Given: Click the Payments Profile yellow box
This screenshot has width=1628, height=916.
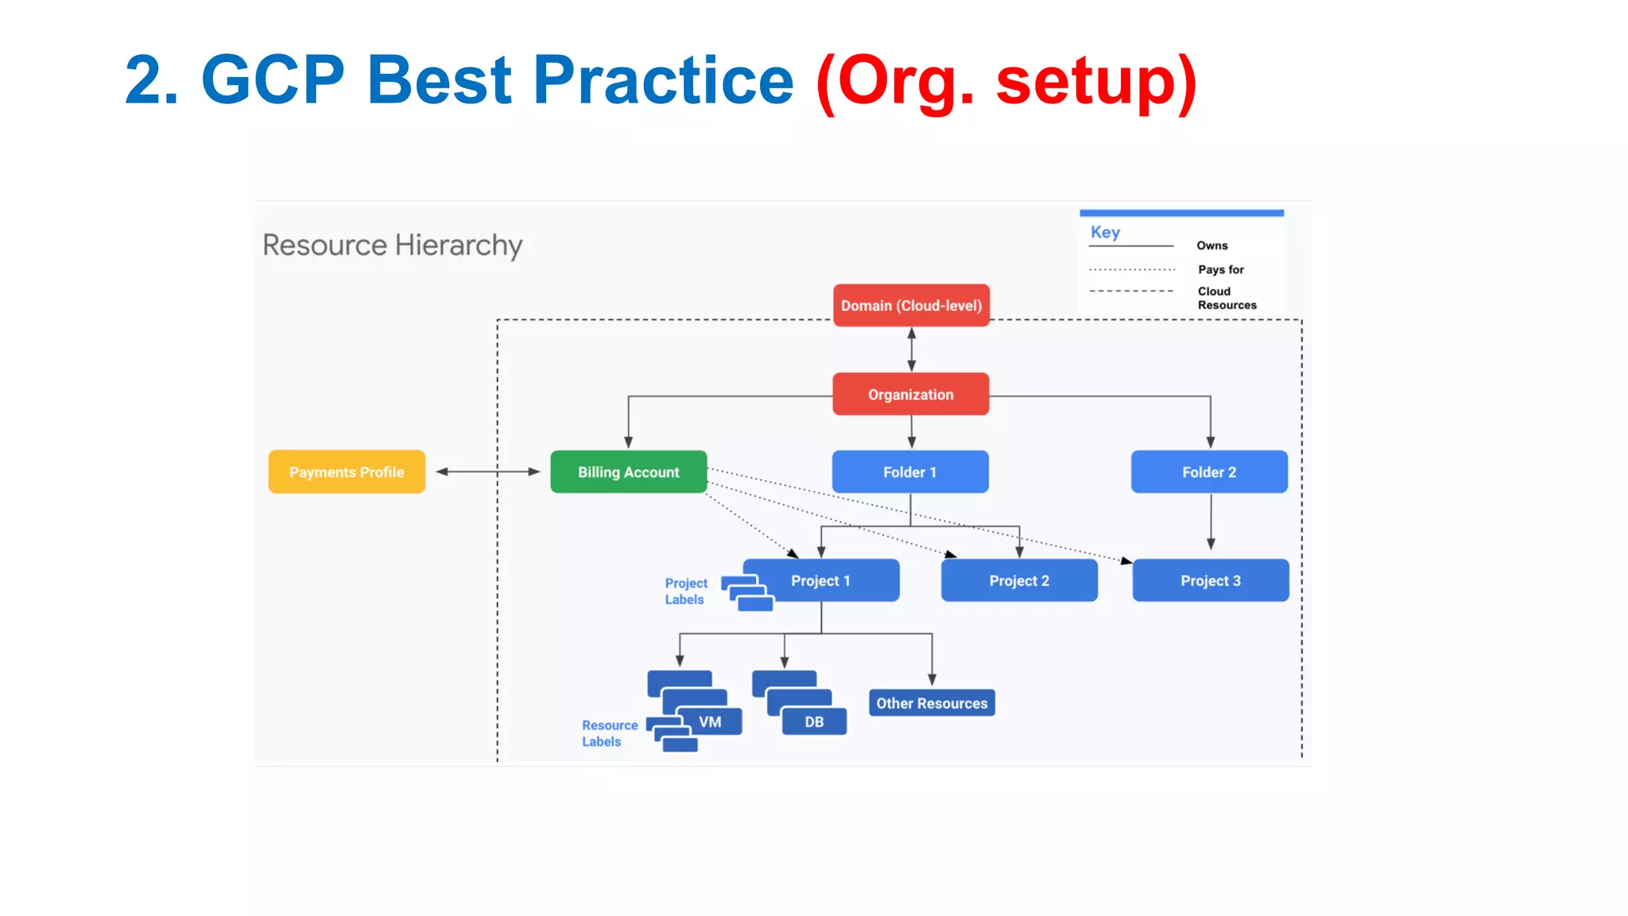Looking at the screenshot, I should click(x=347, y=472).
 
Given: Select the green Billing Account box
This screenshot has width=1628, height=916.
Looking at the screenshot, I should click(x=628, y=472).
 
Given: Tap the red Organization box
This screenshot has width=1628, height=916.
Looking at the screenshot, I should click(x=910, y=394).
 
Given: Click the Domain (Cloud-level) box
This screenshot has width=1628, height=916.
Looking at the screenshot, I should click(x=911, y=305).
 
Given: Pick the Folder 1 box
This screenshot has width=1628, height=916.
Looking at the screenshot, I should click(x=910, y=472).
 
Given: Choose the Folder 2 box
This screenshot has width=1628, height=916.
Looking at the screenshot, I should click(x=1209, y=472).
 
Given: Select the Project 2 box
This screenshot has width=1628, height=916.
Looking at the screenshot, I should click(x=1019, y=580).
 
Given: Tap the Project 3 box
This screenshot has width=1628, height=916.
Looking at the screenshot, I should click(x=1210, y=580).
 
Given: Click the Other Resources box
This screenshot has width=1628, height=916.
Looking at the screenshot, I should click(x=932, y=703).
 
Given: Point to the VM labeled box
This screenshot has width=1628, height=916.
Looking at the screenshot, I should click(x=710, y=722).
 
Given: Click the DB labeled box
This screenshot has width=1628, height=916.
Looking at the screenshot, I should click(x=814, y=722).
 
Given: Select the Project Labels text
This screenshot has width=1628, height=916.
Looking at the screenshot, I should click(x=686, y=591).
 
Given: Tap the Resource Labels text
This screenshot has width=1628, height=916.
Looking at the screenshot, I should click(x=609, y=733).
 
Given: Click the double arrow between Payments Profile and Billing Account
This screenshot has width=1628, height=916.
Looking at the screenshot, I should click(x=488, y=472).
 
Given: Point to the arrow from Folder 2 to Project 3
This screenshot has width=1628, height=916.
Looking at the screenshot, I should click(x=1211, y=521).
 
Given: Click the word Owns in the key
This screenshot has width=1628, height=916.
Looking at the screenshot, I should click(x=1211, y=246).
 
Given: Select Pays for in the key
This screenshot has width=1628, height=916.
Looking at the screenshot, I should click(x=1220, y=270).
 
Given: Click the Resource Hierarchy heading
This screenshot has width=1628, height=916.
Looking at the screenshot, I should click(x=393, y=245).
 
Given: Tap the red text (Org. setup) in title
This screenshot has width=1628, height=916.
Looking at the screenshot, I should click(x=1006, y=81).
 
